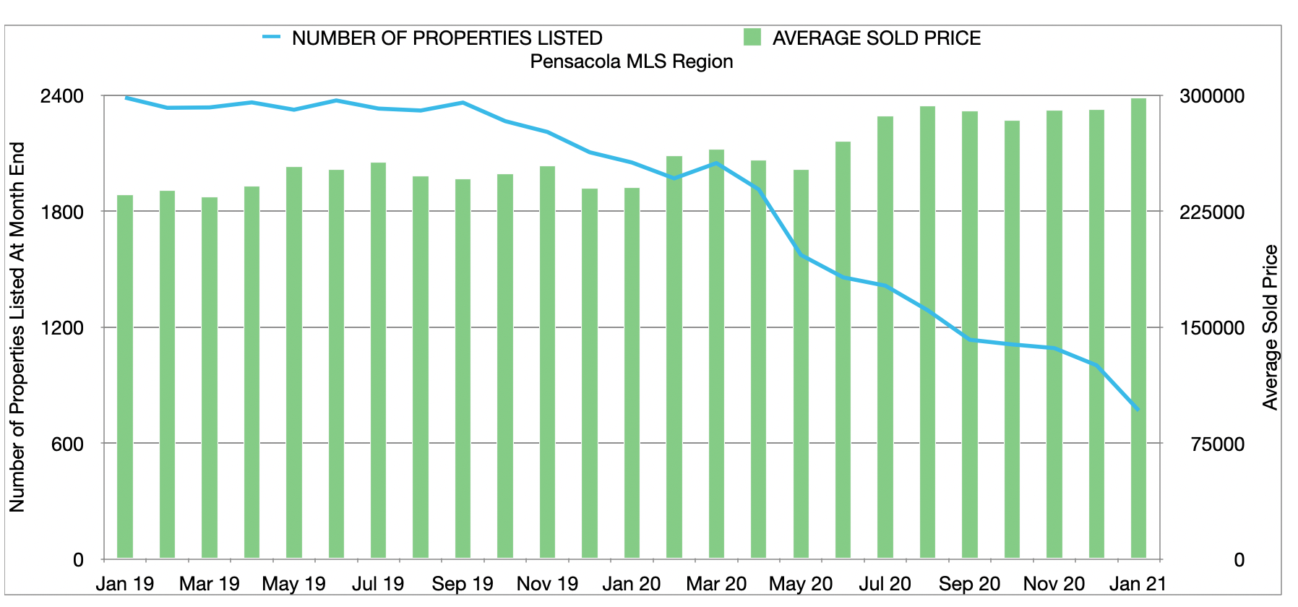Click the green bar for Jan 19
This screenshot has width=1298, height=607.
point(125,376)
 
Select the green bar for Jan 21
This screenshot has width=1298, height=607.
point(1138,329)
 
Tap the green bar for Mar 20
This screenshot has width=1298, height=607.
point(716,354)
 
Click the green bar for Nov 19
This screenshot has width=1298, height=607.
point(547,362)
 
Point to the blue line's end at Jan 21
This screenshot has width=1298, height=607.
point(1138,410)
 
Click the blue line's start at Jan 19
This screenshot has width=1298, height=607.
point(126,98)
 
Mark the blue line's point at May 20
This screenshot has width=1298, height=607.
point(801,254)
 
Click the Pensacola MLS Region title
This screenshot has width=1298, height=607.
point(631,61)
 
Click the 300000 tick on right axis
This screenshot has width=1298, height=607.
point(1212,96)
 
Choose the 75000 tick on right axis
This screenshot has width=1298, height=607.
point(1218,444)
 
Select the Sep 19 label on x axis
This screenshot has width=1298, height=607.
point(463,584)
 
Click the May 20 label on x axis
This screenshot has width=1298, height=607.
point(801,584)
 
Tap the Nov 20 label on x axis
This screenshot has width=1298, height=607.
point(1054,584)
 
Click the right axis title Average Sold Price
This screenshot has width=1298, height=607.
point(1270,327)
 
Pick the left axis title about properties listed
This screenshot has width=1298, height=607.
point(17,327)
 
